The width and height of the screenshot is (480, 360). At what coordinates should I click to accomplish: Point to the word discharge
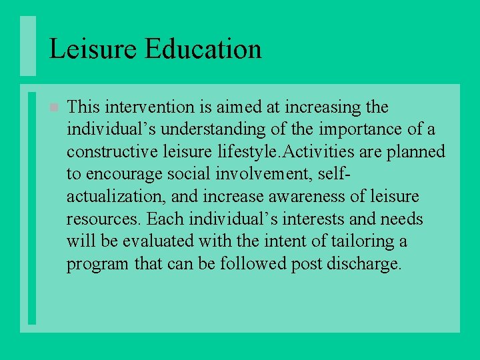point(364,264)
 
